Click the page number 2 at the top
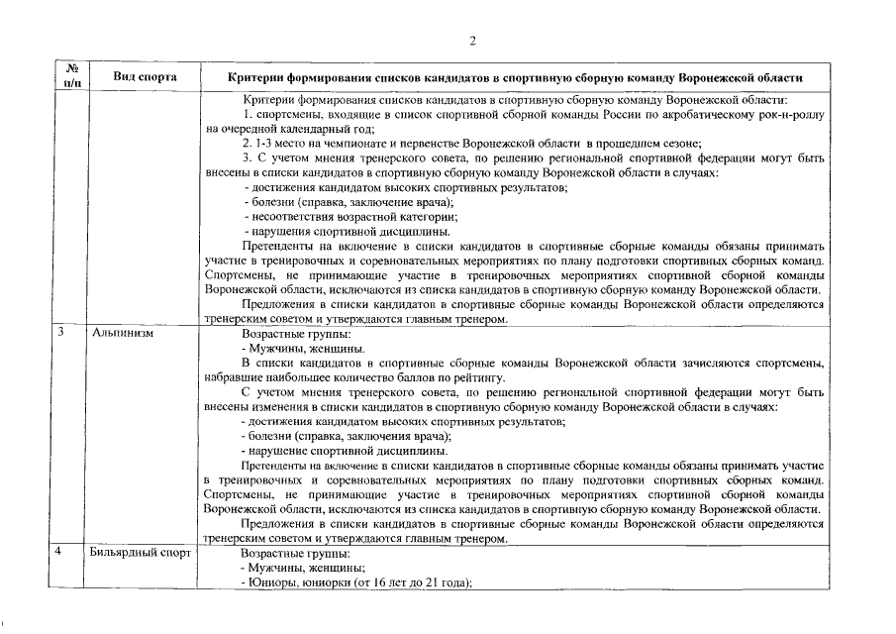tap(472, 41)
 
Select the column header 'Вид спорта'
tap(145, 77)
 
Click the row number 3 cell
tap(60, 334)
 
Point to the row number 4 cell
tap(60, 553)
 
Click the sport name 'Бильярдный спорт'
tap(139, 553)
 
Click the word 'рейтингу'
tap(479, 377)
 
